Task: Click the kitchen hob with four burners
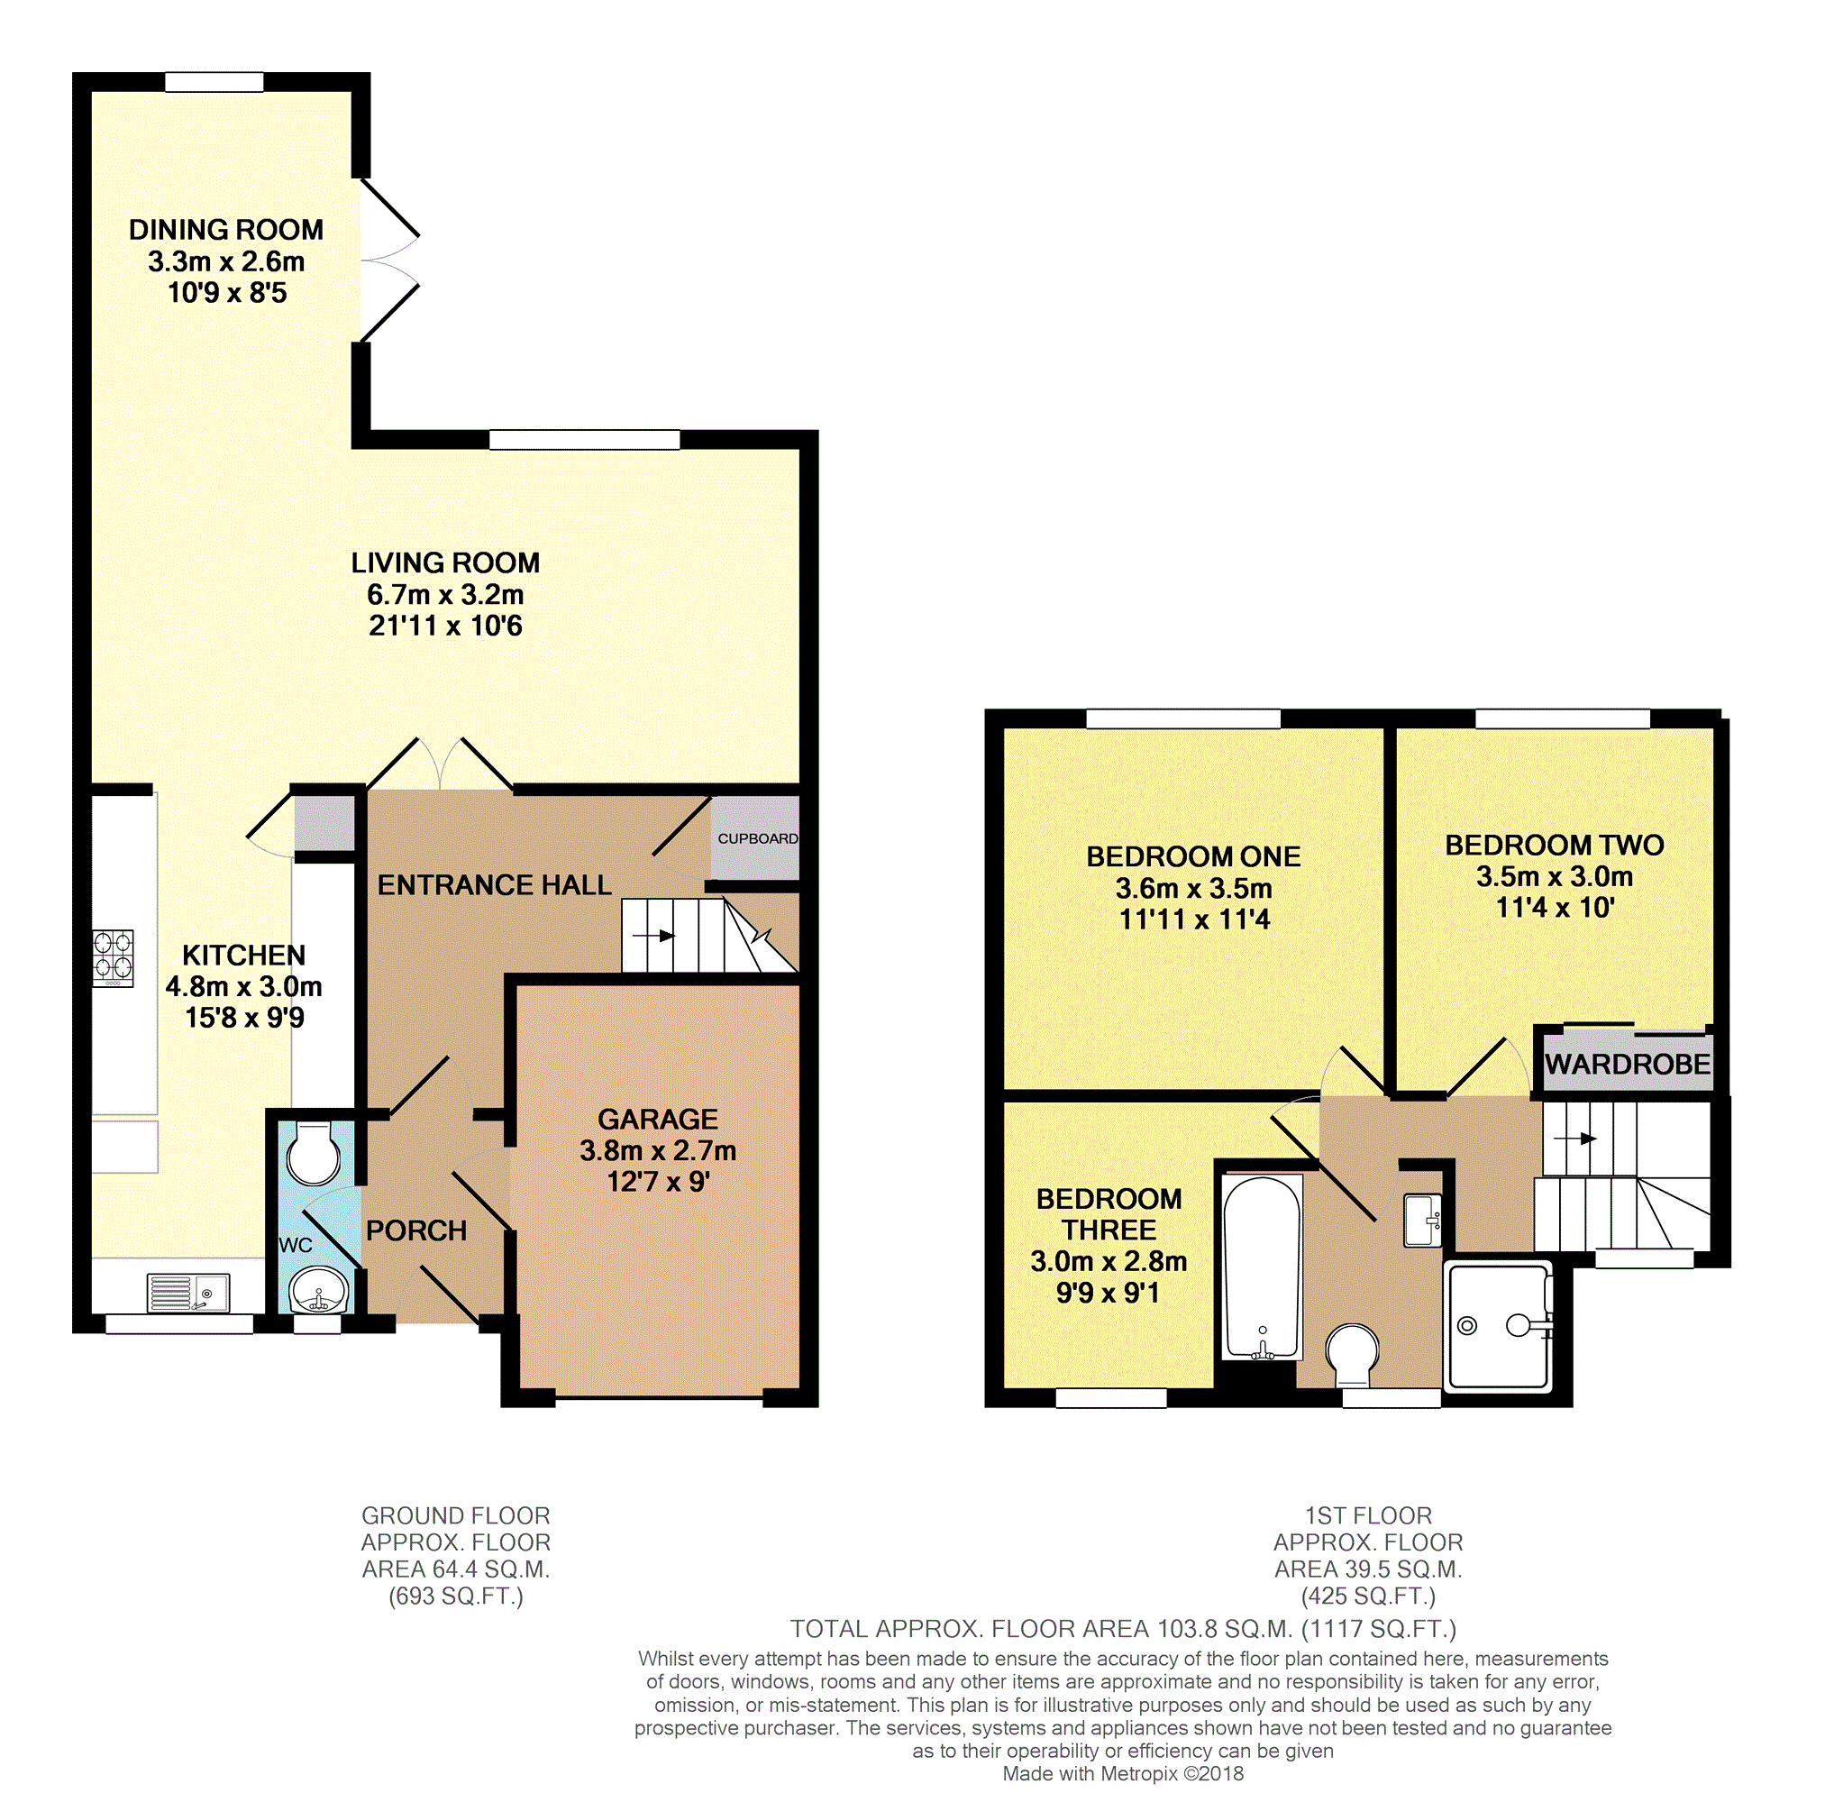113,957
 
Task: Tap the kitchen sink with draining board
188,1292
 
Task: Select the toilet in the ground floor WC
314,1154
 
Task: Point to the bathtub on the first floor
1262,1267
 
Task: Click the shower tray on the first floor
1499,1326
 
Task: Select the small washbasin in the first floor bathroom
1422,1221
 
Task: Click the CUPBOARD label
757,838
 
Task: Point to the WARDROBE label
1628,1064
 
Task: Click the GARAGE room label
657,1119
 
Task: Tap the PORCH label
416,1230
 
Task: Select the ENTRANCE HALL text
495,884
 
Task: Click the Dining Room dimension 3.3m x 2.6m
226,261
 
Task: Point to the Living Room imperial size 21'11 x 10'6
445,626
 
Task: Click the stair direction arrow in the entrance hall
653,936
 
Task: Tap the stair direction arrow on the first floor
1575,1139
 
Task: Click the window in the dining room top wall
214,82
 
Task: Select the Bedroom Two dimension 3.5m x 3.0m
1554,876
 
